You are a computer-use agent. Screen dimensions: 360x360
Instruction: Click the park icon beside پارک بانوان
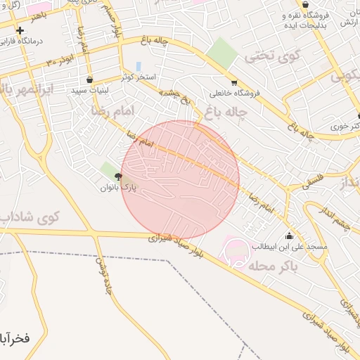pos(117,177)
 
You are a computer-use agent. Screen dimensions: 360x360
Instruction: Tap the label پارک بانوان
pos(117,188)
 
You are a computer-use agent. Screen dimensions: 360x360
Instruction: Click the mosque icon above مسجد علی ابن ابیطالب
pos(289,236)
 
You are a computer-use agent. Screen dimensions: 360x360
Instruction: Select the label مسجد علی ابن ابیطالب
pos(289,247)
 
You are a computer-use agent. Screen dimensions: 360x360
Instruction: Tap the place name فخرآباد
pos(15,338)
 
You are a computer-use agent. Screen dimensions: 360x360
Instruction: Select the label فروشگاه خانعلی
pos(235,92)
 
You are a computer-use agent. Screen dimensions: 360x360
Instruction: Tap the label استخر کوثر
pos(142,75)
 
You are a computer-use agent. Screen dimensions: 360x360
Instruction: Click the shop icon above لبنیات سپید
pos(89,79)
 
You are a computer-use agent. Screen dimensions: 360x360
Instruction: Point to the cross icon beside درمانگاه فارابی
pos(20,30)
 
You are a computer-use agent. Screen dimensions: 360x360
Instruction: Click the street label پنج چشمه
pos(176,96)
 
